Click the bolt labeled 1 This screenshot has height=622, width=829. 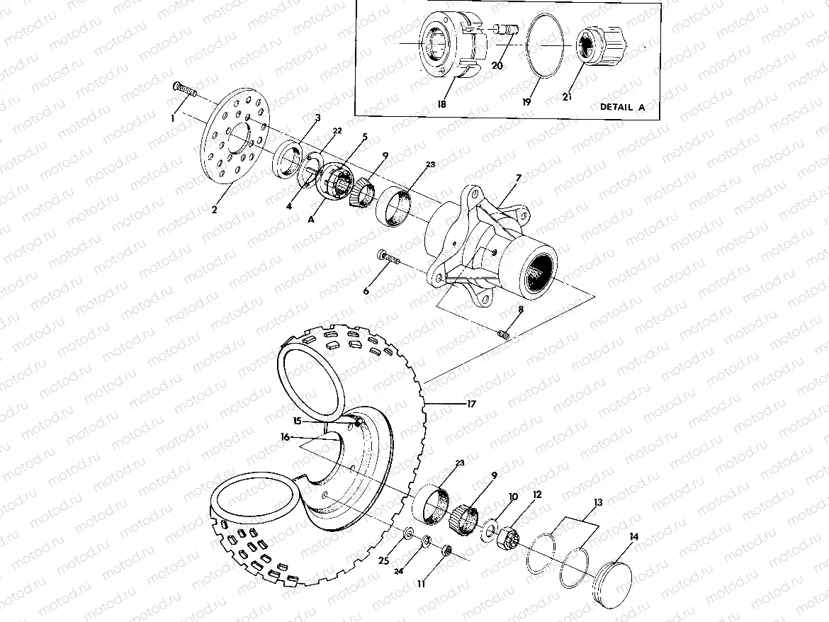click(184, 89)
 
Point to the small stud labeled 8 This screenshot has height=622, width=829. click(505, 332)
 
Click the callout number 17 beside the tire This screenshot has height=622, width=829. click(471, 404)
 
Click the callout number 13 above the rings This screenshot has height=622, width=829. click(599, 502)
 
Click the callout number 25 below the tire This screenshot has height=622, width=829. click(383, 561)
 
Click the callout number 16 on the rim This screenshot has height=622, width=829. click(284, 439)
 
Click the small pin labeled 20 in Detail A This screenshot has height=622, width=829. click(506, 30)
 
